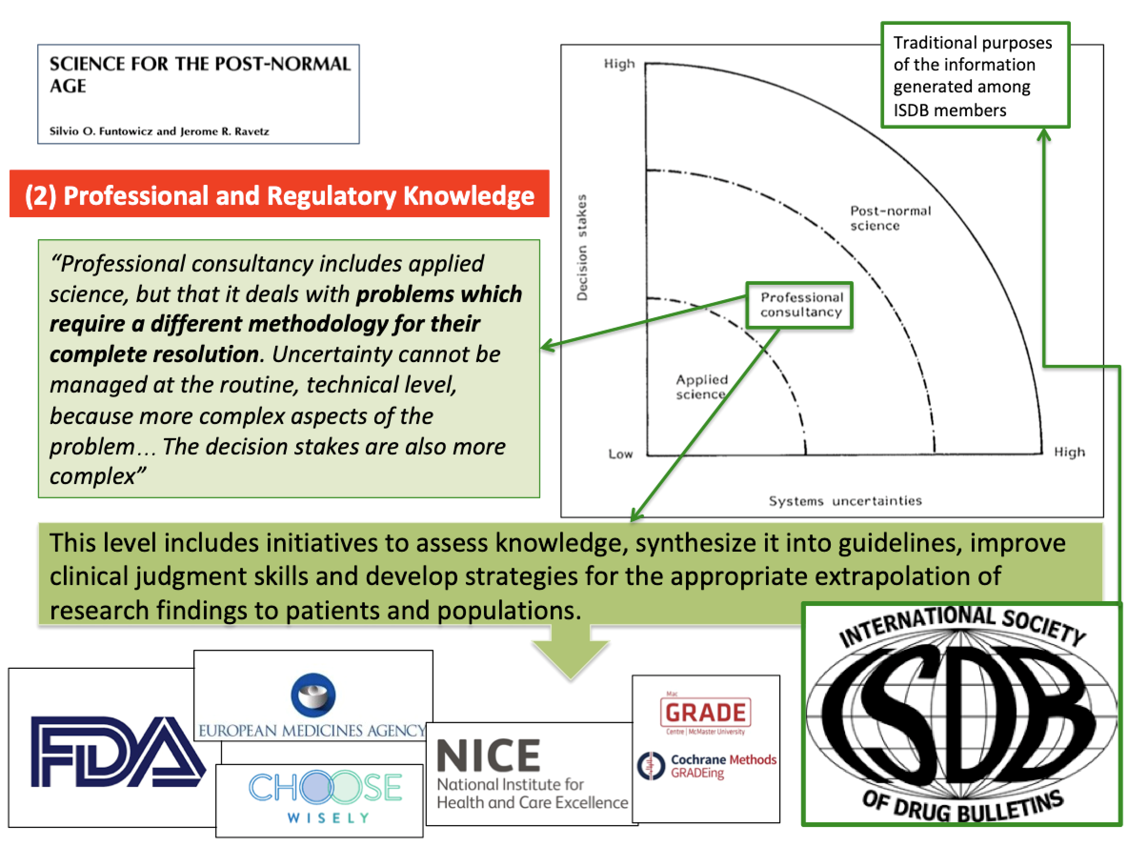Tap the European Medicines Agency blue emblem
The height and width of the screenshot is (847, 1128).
pyautogui.click(x=312, y=695)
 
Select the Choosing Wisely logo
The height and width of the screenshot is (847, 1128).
pyautogui.click(x=325, y=795)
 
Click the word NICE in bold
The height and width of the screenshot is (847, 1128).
pyautogui.click(x=488, y=756)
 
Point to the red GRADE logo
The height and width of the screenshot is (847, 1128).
pyautogui.click(x=705, y=712)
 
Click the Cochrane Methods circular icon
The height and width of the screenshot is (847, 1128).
pyautogui.click(x=651, y=766)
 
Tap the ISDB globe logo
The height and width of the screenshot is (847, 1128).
pyautogui.click(x=961, y=715)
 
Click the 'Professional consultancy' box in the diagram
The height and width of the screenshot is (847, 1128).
pyautogui.click(x=800, y=305)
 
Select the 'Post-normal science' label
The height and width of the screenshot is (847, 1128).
pyautogui.click(x=889, y=218)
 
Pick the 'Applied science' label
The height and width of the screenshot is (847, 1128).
pyautogui.click(x=701, y=386)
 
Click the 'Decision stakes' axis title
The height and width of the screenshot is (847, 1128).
pyautogui.click(x=582, y=248)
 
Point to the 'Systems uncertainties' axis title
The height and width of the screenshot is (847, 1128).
pyautogui.click(x=845, y=501)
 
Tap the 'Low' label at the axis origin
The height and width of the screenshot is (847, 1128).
pyautogui.click(x=620, y=454)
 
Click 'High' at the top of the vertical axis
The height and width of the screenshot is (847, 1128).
pyautogui.click(x=619, y=64)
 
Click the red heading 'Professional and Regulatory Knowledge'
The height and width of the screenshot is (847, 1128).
pyautogui.click(x=280, y=195)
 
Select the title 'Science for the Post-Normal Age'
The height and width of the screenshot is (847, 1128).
pyautogui.click(x=199, y=74)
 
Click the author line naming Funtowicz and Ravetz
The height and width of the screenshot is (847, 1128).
pyautogui.click(x=159, y=131)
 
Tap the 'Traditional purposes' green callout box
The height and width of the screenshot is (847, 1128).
pyautogui.click(x=975, y=75)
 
